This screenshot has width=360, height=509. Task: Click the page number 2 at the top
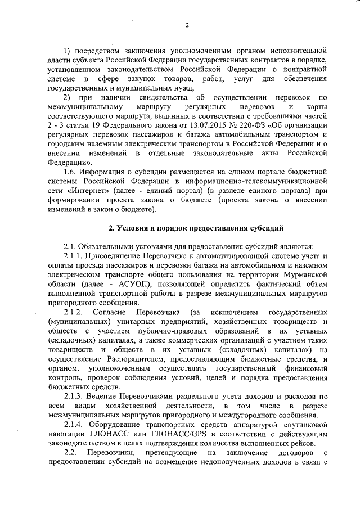click(x=187, y=25)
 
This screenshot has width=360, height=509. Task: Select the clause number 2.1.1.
click(x=73, y=258)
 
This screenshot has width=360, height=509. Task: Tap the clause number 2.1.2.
click(x=73, y=313)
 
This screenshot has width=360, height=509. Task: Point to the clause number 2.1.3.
click(x=73, y=396)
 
